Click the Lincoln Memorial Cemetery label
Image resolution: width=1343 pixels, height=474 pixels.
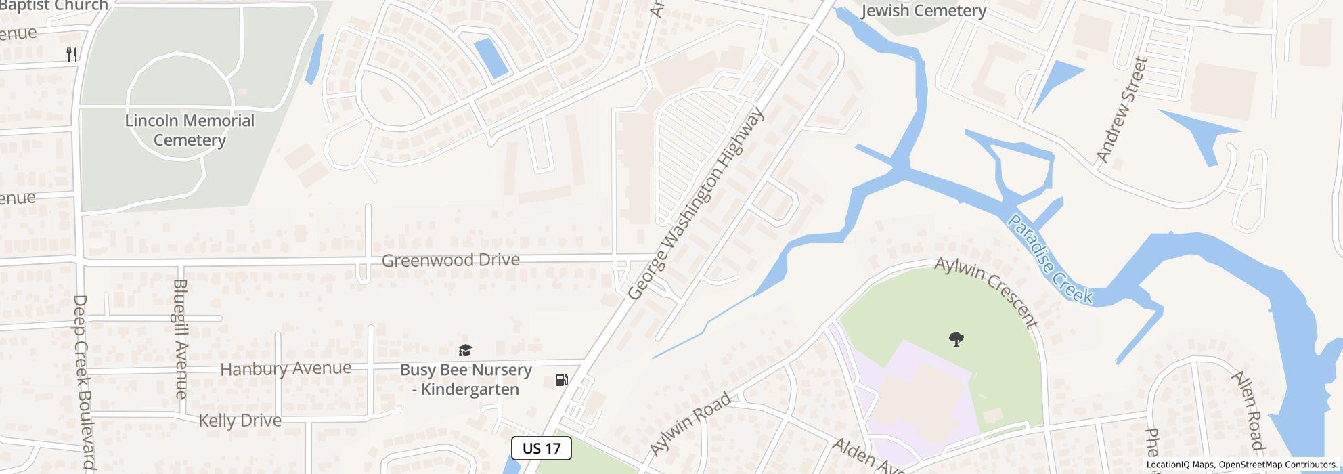tap(190, 130)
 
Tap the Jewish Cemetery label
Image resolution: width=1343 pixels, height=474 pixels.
tap(923, 11)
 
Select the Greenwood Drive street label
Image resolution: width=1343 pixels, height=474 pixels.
tap(451, 260)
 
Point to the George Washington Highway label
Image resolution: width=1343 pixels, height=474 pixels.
tap(696, 203)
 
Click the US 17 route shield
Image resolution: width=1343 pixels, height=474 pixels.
tap(542, 448)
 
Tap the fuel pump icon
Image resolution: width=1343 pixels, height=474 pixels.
tap(561, 380)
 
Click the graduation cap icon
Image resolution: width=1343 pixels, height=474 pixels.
tap(465, 350)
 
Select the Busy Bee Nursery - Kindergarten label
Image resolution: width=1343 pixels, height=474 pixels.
tap(466, 379)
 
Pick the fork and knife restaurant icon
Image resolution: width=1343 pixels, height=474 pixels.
tap(72, 54)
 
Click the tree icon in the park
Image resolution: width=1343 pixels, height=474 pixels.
tap(956, 339)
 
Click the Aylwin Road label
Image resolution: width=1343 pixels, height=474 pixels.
tap(690, 424)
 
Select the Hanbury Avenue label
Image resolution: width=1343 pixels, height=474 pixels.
tap(286, 369)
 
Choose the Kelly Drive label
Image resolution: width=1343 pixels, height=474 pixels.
tap(240, 421)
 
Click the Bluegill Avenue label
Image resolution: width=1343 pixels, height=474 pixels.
tap(180, 339)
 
